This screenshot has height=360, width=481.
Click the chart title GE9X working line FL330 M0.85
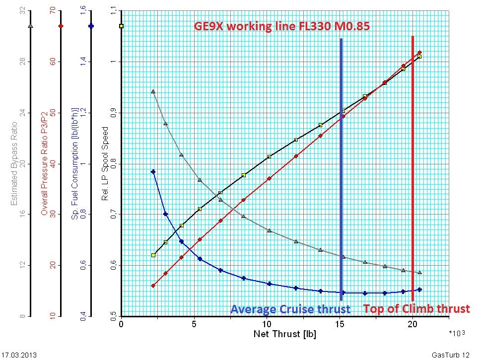[x=281, y=26]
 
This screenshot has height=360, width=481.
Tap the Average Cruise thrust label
[x=290, y=309]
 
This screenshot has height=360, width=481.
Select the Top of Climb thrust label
[x=416, y=309]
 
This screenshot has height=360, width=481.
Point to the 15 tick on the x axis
[x=340, y=325]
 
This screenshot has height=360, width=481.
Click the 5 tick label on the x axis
[x=194, y=325]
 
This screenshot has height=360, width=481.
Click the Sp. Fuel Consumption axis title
[x=75, y=164]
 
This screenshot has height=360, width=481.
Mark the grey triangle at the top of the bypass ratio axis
[x=31, y=25]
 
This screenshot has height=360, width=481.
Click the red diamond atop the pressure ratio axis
[x=61, y=25]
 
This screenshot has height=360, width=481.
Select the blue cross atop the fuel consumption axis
[x=91, y=25]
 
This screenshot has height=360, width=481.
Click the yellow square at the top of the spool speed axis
[x=122, y=25]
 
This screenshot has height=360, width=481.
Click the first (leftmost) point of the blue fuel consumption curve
[x=153, y=172]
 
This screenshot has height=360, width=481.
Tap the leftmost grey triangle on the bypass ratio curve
[x=153, y=91]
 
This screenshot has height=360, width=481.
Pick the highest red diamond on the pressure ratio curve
[x=419, y=53]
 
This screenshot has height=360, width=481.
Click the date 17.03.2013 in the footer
[x=19, y=355]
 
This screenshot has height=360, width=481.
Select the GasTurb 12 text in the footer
[x=450, y=355]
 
